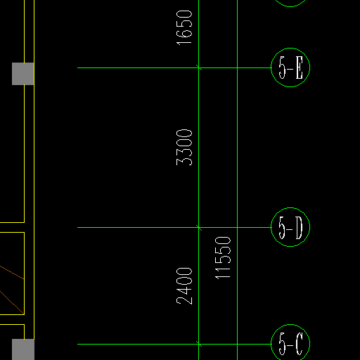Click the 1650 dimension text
coord(184,27)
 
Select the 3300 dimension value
coord(184,148)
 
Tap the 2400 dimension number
coord(184,286)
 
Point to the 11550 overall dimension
coord(223,258)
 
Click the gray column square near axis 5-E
coord(23,74)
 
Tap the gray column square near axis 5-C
coord(23,349)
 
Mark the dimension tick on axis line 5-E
coord(199,67)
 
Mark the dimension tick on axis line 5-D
coord(199,227)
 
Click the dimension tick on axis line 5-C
coord(199,344)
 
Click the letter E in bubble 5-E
coord(300,67)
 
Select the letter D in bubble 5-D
coord(299,228)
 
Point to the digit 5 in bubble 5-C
coord(282,344)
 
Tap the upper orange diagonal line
coord(12,272)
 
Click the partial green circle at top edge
coord(290,6)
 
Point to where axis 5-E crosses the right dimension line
coord(237,67)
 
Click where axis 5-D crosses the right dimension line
coord(237,227)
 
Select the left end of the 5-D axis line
coord(77,227)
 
